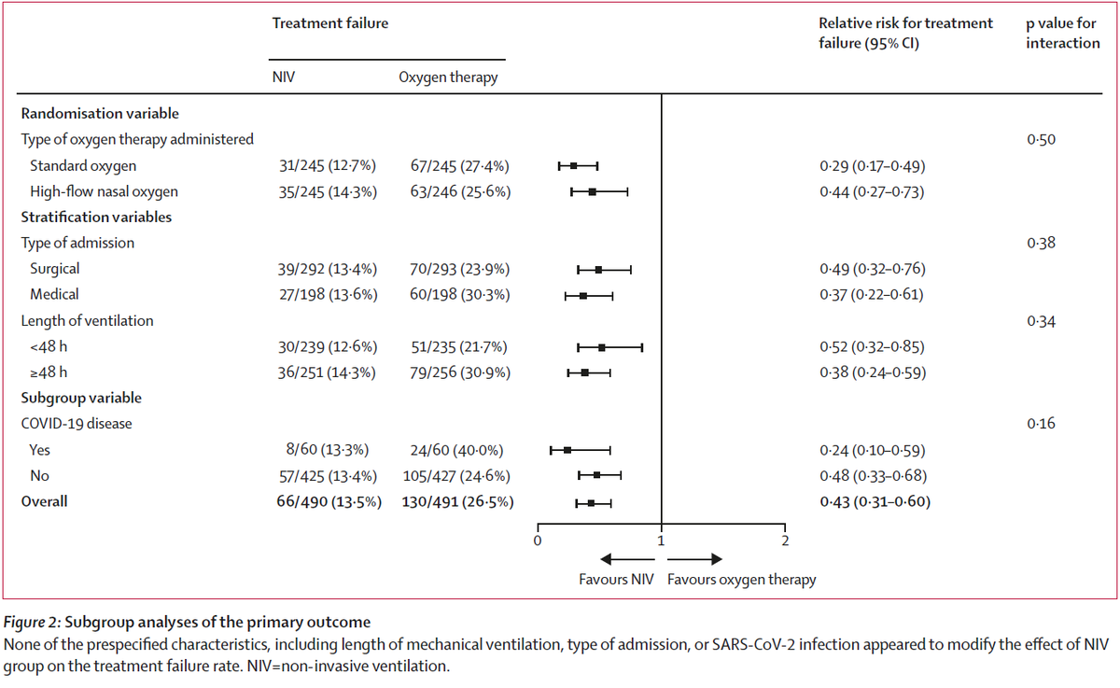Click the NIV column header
tap(284, 77)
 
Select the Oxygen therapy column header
tap(448, 77)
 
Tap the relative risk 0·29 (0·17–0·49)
tap(871, 166)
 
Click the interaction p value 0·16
tap(1042, 423)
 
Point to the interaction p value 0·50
tap(1042, 139)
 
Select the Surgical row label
tap(55, 269)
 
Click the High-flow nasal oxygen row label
tap(104, 192)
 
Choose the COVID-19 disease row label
tap(77, 423)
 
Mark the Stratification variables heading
tap(96, 218)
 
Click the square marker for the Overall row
tap(591, 503)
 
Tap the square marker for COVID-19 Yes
tap(567, 450)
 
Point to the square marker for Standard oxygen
tap(574, 166)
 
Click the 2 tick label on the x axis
tap(784, 540)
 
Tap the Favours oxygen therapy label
tap(741, 580)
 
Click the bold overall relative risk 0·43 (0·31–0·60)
tap(874, 501)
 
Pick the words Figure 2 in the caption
tap(34, 623)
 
